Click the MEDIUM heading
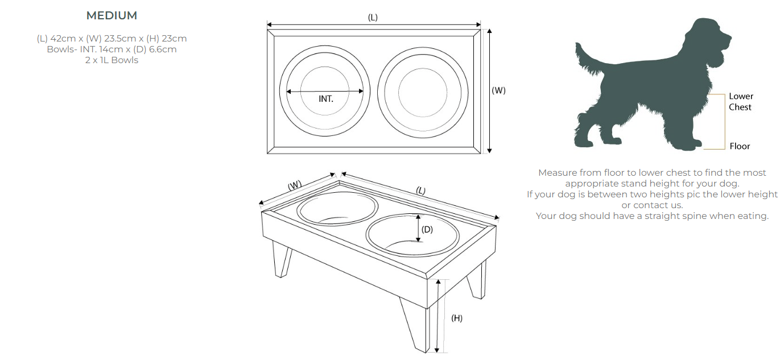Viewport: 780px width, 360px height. (x=112, y=16)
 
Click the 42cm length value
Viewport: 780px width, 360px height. (x=63, y=38)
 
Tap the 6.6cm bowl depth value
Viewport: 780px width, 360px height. (x=163, y=49)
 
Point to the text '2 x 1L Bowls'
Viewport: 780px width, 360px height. (x=112, y=60)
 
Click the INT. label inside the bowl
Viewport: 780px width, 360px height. (x=326, y=99)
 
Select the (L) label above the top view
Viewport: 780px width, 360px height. (x=373, y=18)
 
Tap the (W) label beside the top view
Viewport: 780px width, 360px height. (x=498, y=90)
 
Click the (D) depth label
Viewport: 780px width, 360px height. (x=427, y=229)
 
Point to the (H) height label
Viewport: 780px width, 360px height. (x=457, y=318)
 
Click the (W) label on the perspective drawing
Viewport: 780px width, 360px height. (x=295, y=185)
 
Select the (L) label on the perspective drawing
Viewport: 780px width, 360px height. (x=420, y=191)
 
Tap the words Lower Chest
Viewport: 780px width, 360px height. (x=741, y=102)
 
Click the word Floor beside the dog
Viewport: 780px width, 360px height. (x=740, y=146)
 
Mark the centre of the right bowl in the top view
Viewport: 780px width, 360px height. (x=423, y=92)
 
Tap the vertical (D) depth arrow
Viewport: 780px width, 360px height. (x=418, y=229)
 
